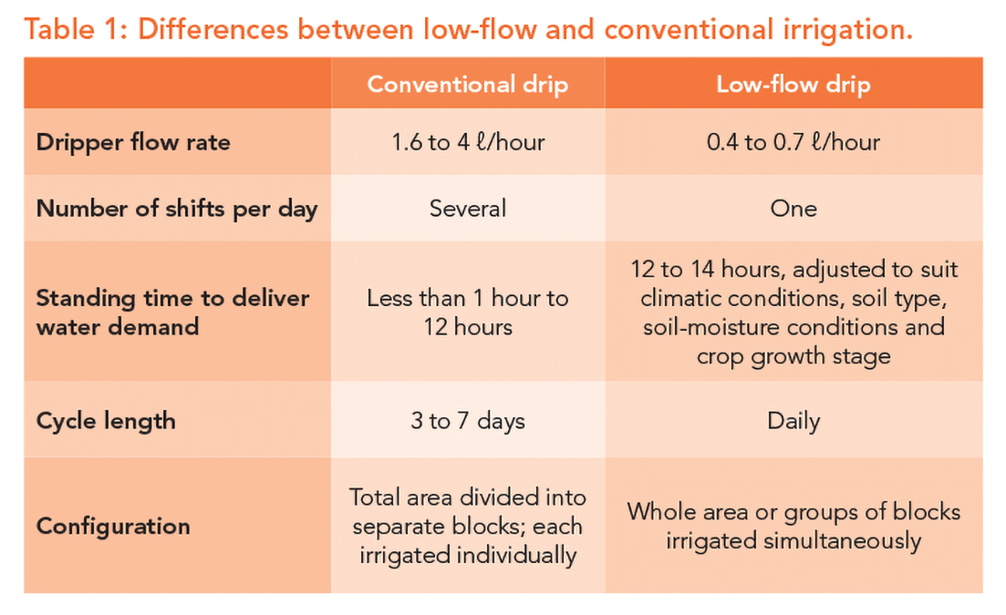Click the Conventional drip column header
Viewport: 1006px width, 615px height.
(467, 85)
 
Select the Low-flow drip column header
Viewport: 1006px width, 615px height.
(793, 85)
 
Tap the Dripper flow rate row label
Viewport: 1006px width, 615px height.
(133, 142)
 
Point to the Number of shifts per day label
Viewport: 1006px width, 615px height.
(177, 209)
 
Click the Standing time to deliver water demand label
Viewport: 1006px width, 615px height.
(172, 312)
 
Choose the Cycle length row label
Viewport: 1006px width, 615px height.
(106, 421)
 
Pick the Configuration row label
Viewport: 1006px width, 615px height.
(113, 526)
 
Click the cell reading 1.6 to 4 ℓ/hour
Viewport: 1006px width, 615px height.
(467, 142)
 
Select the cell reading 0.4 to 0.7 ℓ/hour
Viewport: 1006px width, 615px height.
(793, 142)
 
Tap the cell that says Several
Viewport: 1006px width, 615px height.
(467, 209)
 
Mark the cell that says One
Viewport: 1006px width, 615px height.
(793, 209)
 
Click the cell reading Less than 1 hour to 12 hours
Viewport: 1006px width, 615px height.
(467, 312)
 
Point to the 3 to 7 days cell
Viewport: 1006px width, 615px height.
(467, 421)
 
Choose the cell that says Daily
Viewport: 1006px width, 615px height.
(793, 421)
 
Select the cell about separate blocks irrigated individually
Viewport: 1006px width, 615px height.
(467, 527)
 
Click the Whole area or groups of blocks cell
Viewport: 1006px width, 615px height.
(793, 526)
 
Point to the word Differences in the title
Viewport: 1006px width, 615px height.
(215, 30)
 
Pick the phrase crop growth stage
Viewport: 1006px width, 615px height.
(793, 355)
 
